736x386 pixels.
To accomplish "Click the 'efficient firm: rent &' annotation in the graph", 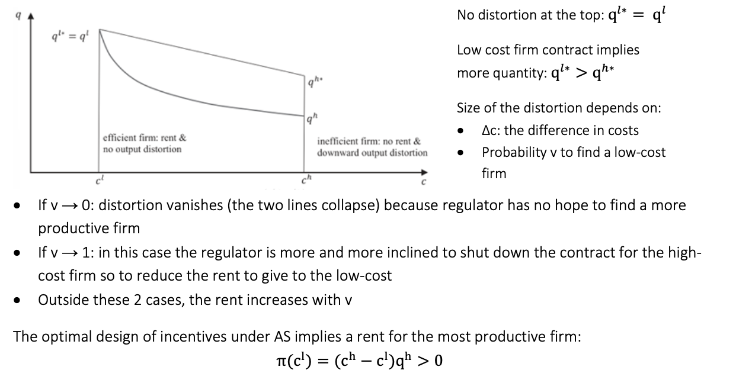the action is coord(145,138).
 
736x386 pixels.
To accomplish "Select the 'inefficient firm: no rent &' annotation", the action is coord(369,141).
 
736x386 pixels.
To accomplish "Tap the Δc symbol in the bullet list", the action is coord(489,130).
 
